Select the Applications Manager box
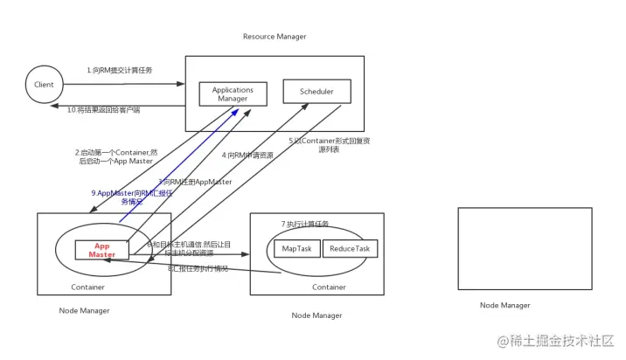233,94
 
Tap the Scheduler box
316,91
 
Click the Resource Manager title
275,37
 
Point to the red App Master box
101,250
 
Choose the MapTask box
296,249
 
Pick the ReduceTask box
350,249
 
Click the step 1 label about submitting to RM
119,70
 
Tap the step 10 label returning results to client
104,110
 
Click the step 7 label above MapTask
305,224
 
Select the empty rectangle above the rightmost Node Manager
525,248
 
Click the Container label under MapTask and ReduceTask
329,287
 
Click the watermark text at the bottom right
556,341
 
